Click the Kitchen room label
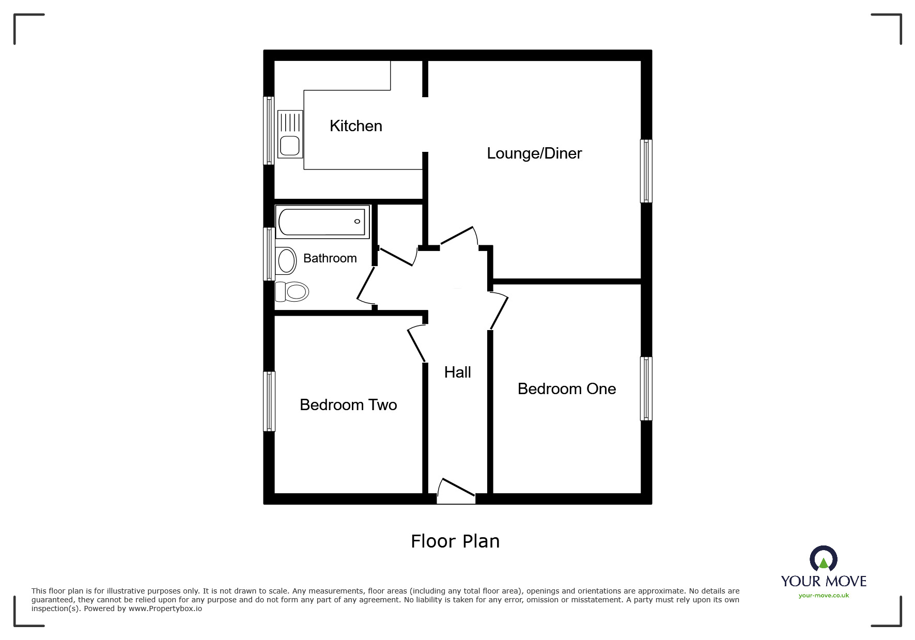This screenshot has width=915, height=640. pos(356,126)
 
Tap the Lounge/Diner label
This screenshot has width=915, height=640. pos(534,153)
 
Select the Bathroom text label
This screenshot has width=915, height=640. pos(330,258)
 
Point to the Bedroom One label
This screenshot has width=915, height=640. pos(567,389)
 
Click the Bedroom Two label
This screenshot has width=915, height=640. pos(348,405)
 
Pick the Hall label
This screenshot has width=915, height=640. pos(457,372)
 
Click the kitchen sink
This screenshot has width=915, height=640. pos(290,134)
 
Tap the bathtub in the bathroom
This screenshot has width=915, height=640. pos(322,222)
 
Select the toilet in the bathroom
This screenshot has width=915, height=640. pos(292,292)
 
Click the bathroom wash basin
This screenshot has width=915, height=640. pos(286,260)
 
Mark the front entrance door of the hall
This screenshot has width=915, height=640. pos(456,491)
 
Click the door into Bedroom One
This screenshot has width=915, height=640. pos(499,311)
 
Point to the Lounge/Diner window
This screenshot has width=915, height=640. pos(646,171)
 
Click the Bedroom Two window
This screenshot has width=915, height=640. pos(269,401)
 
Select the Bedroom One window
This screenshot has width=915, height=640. pos(646,388)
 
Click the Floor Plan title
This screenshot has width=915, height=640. pos(455,541)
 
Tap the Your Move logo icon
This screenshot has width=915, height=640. pos(823,559)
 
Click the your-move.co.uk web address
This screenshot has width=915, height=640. pos(824,596)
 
